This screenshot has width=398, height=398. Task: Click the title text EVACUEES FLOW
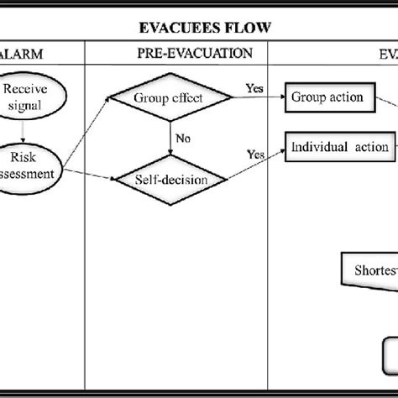coord(204,29)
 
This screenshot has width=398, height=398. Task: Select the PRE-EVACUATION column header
coord(194,53)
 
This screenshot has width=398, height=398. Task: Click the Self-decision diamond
coord(170,180)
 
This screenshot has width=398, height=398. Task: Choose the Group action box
coord(327,97)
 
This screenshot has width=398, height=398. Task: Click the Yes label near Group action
coord(254,86)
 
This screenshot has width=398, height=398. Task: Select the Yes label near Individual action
coord(255,154)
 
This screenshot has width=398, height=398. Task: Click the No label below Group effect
coord(182,139)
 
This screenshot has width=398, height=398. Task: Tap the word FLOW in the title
coord(249,29)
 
